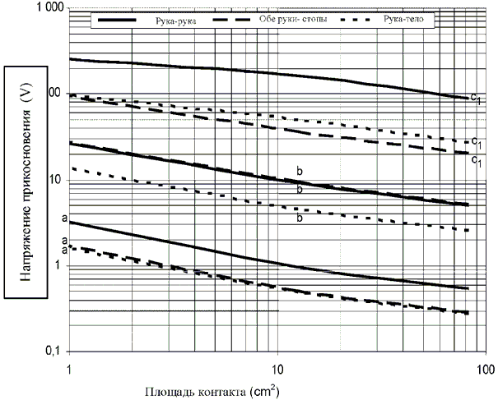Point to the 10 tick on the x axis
click(277, 365)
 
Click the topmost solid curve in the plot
click(247, 71)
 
